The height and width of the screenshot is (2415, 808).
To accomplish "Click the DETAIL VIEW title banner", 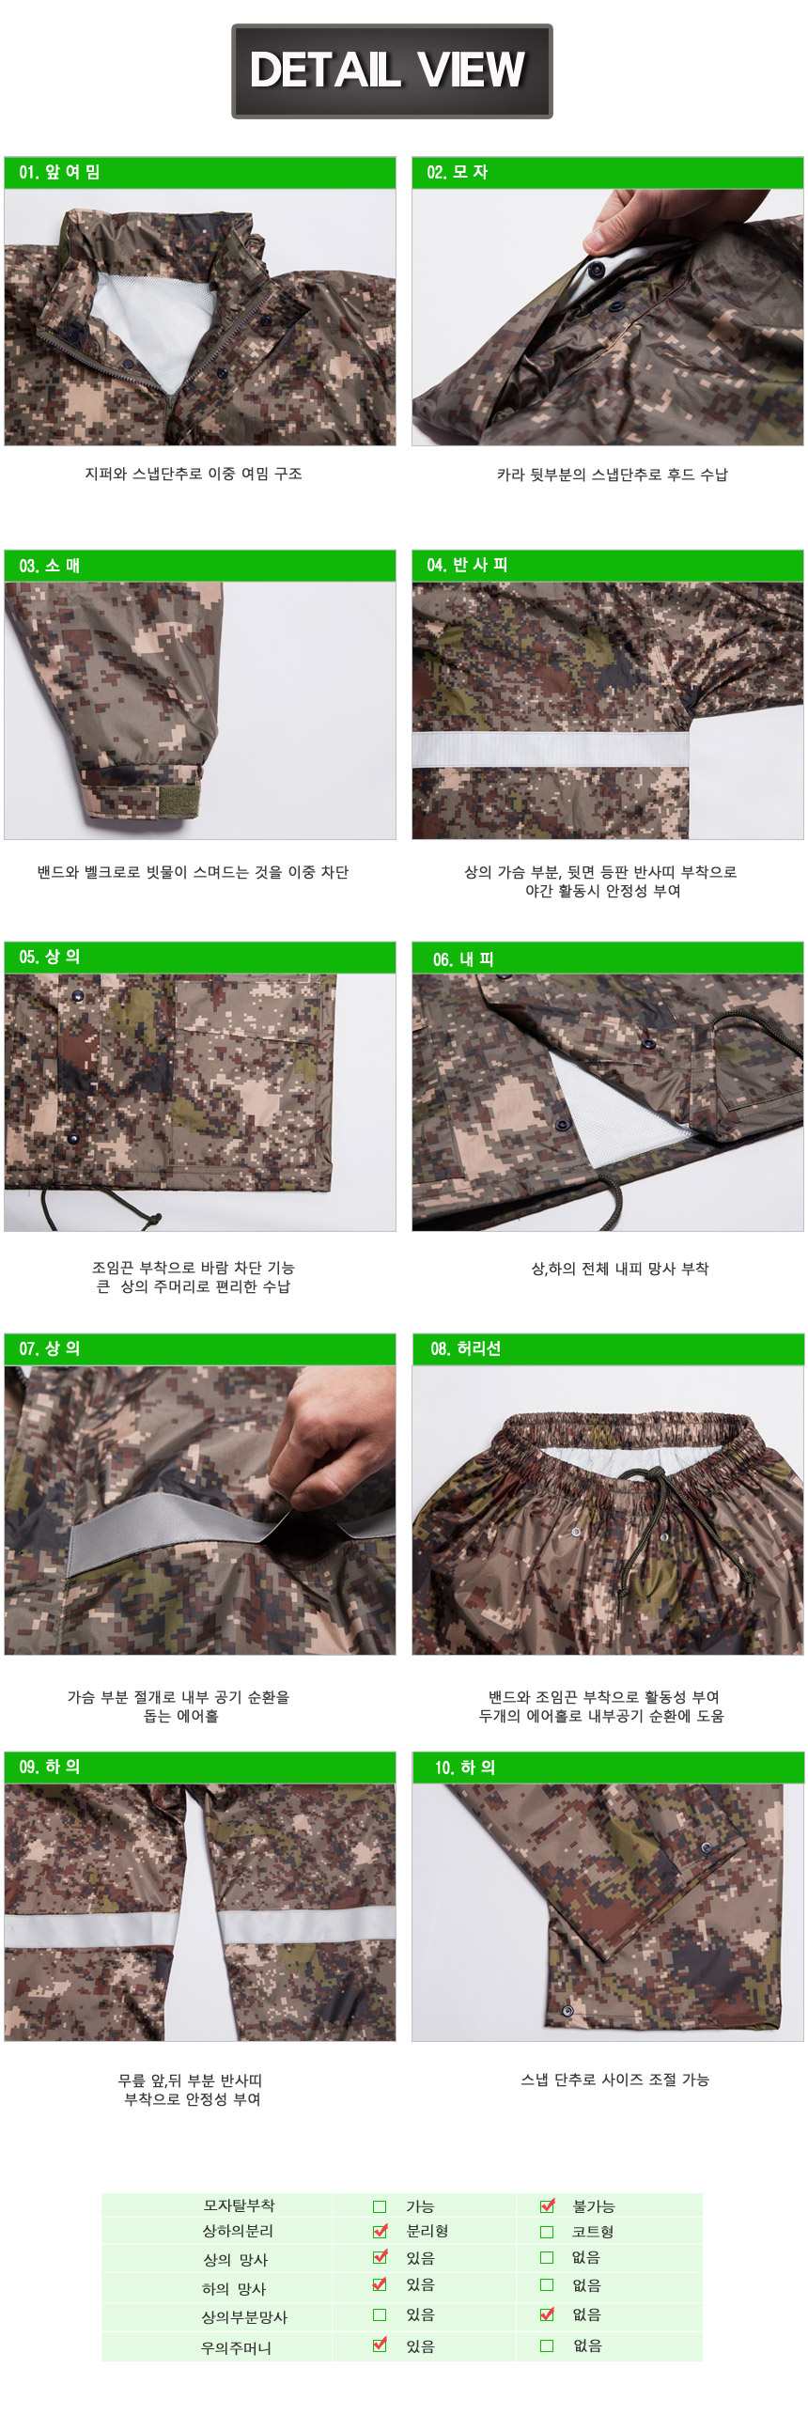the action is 392,71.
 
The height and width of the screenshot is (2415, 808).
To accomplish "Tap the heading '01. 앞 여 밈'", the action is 59,172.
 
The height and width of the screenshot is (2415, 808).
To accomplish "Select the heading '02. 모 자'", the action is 457,172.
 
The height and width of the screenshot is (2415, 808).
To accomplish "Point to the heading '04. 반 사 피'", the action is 467,565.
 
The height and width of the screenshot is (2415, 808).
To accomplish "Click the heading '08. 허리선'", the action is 466,1348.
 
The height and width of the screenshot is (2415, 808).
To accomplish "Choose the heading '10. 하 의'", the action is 464,1768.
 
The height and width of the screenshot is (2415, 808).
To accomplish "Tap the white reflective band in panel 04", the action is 551,749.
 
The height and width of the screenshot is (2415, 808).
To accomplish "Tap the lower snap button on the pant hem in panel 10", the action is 567,2010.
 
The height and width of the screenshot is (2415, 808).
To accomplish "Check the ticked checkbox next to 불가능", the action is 547,2205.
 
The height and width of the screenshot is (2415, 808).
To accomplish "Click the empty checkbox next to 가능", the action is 380,2206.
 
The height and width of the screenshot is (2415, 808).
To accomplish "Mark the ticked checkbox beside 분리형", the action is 380,2231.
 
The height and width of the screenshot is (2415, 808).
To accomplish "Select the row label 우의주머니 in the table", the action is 237,2347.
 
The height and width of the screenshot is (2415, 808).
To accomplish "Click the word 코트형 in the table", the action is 593,2232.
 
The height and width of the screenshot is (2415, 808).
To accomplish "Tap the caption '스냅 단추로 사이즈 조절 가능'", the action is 615,2080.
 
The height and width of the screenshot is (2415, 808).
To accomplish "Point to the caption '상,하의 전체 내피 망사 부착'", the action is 620,1269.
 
